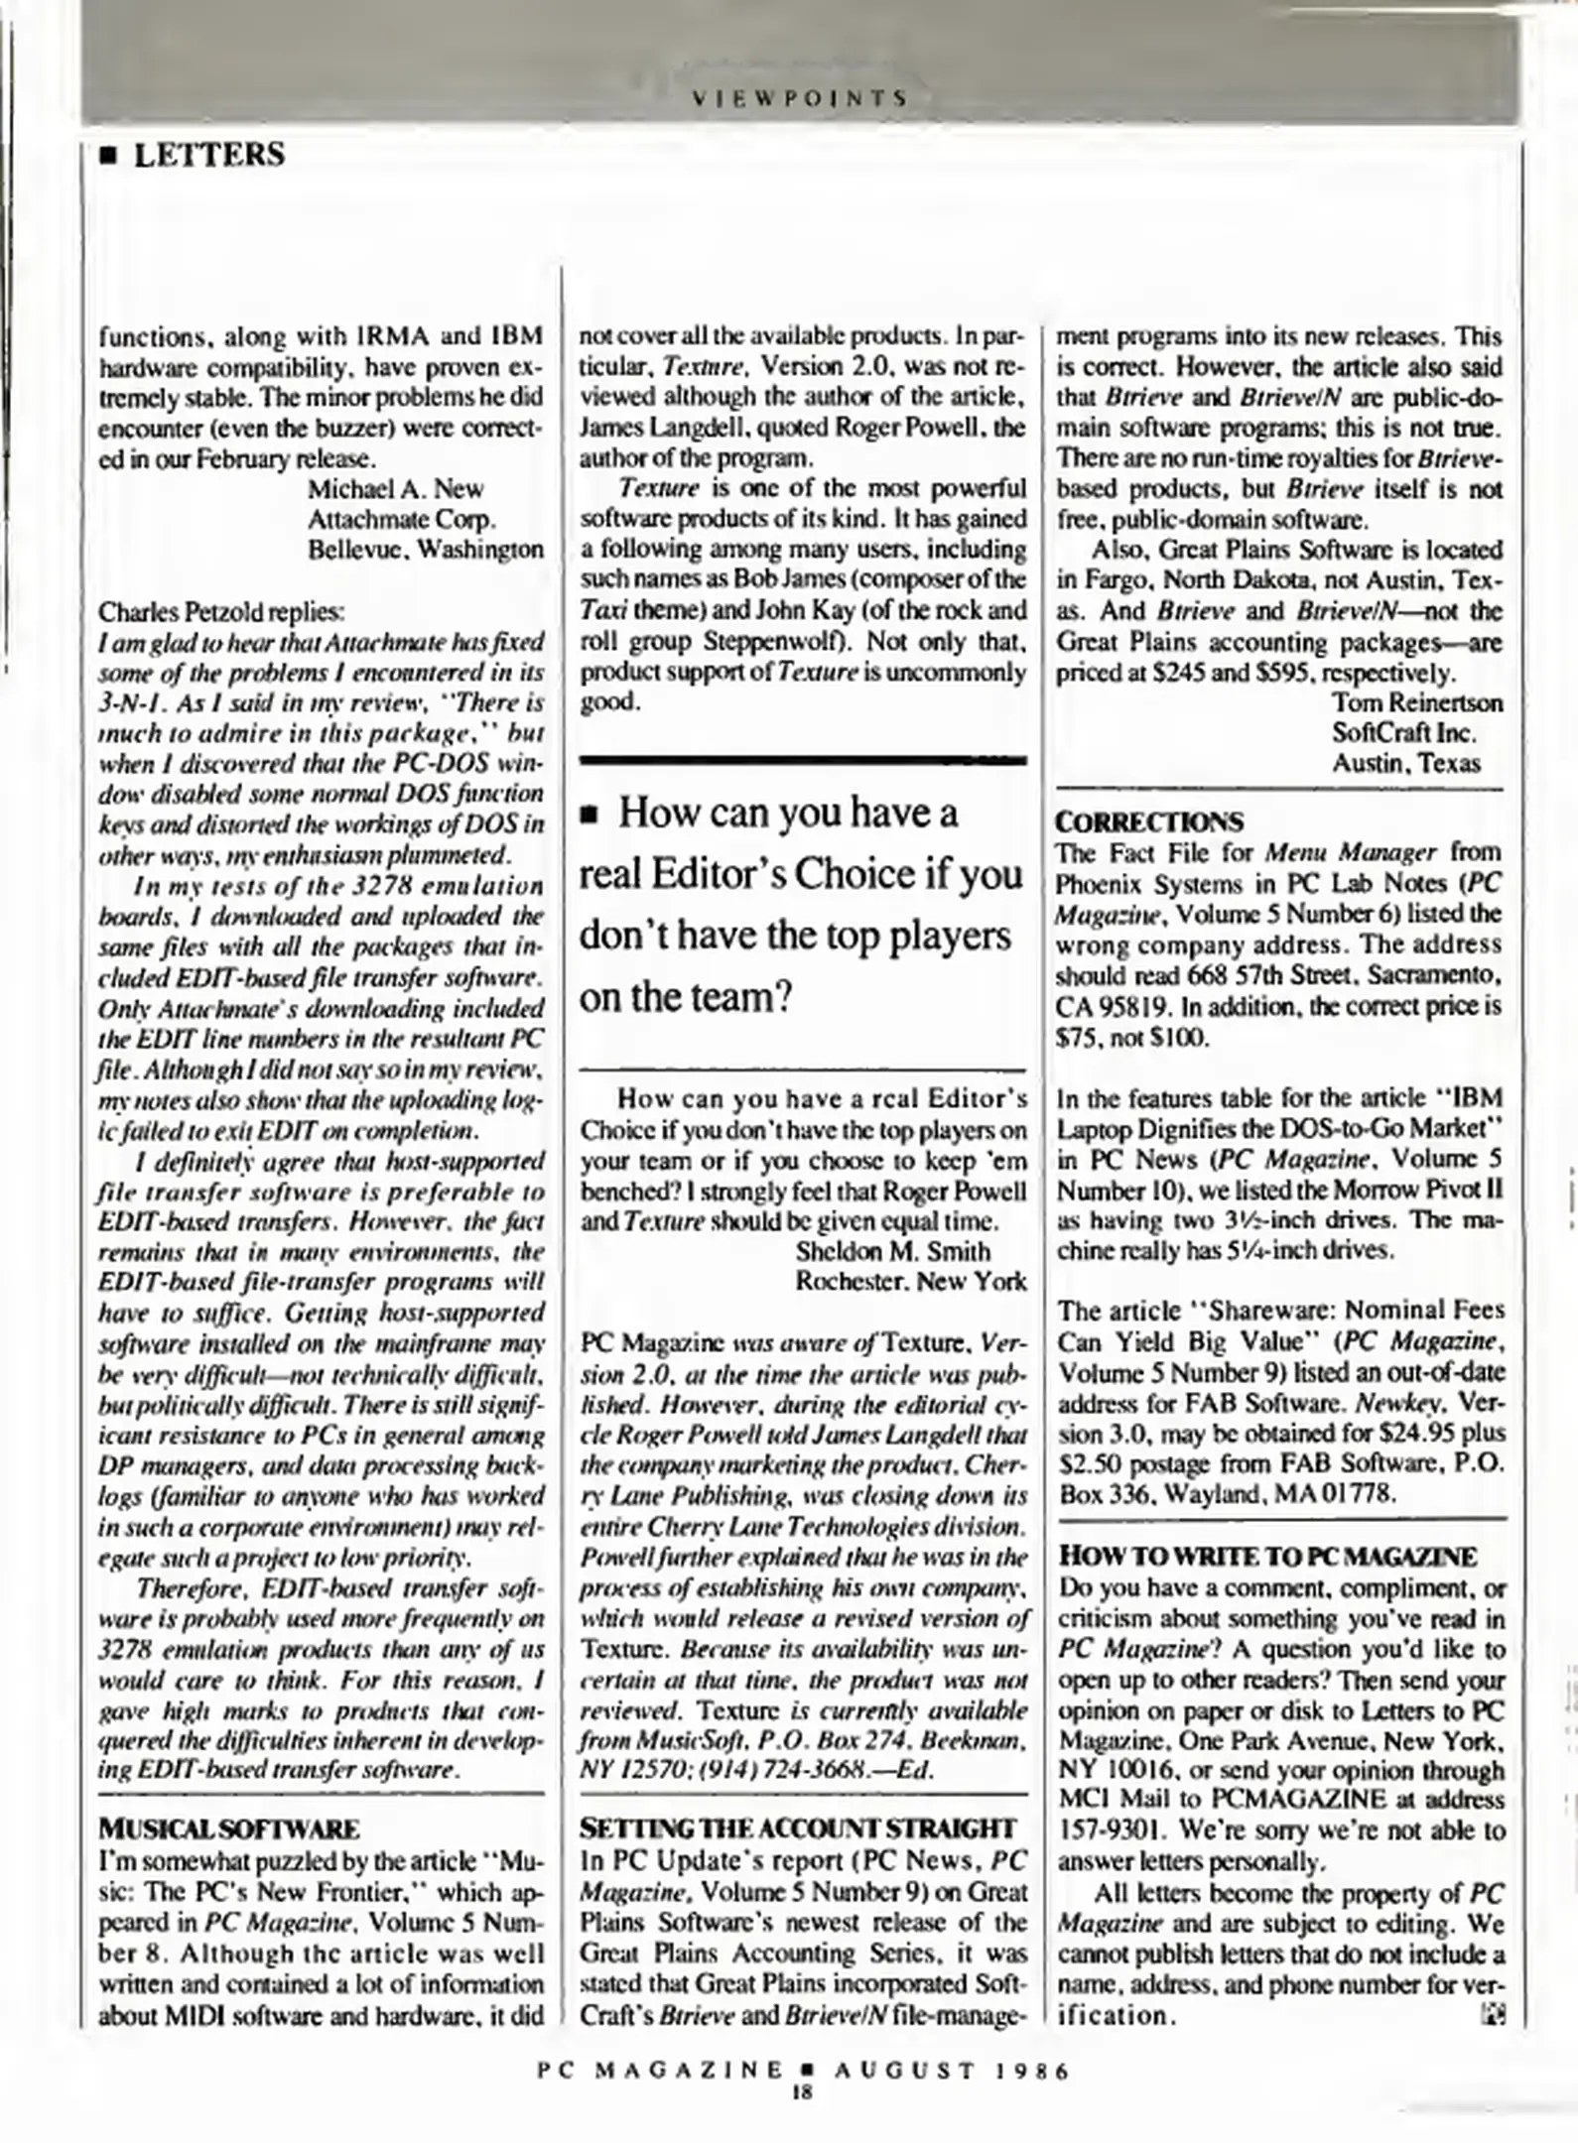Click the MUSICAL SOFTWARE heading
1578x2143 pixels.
pyautogui.click(x=229, y=1828)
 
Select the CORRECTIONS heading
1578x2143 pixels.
pyautogui.click(x=1149, y=821)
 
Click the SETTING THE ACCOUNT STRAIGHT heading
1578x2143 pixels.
pyautogui.click(x=798, y=1828)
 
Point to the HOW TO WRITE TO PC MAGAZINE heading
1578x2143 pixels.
pyautogui.click(x=1267, y=1556)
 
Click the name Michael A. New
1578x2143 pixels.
pyautogui.click(x=395, y=488)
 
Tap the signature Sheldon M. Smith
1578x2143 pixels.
pyautogui.click(x=892, y=1251)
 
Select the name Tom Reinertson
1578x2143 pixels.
pyautogui.click(x=1416, y=702)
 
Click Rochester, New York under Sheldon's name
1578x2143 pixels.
pyautogui.click(x=910, y=1282)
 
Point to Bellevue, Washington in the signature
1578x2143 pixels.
pyautogui.click(x=425, y=549)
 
